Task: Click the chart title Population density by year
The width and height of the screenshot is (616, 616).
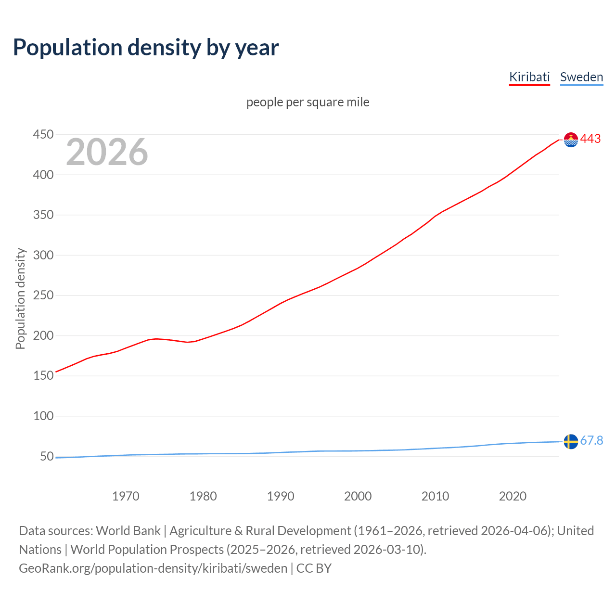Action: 146,48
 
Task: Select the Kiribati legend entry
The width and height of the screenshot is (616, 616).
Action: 529,77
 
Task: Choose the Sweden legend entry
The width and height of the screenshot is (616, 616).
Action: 581,77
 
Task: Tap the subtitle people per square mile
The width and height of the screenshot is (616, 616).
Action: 308,102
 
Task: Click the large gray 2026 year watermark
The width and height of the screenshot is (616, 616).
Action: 107,152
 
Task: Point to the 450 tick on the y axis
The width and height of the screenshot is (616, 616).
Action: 43,134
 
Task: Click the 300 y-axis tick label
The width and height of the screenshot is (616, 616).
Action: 43,255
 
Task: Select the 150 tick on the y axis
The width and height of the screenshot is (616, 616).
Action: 43,375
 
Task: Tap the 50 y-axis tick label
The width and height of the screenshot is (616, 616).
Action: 47,456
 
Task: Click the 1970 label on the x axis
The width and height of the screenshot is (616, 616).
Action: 126,496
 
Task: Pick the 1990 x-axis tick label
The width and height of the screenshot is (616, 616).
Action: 281,496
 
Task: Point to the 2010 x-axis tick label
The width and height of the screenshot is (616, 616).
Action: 435,496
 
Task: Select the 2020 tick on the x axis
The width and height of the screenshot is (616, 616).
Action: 513,496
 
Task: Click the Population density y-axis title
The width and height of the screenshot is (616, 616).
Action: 20,298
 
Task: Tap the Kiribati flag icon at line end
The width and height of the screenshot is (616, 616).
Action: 571,140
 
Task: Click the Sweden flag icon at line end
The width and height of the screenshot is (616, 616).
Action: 571,441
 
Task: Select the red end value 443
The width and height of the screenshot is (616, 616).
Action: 590,139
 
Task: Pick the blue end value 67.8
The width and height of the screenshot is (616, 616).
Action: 591,441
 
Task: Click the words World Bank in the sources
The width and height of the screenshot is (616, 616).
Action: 128,531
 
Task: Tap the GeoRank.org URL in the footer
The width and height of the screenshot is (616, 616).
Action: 153,568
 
